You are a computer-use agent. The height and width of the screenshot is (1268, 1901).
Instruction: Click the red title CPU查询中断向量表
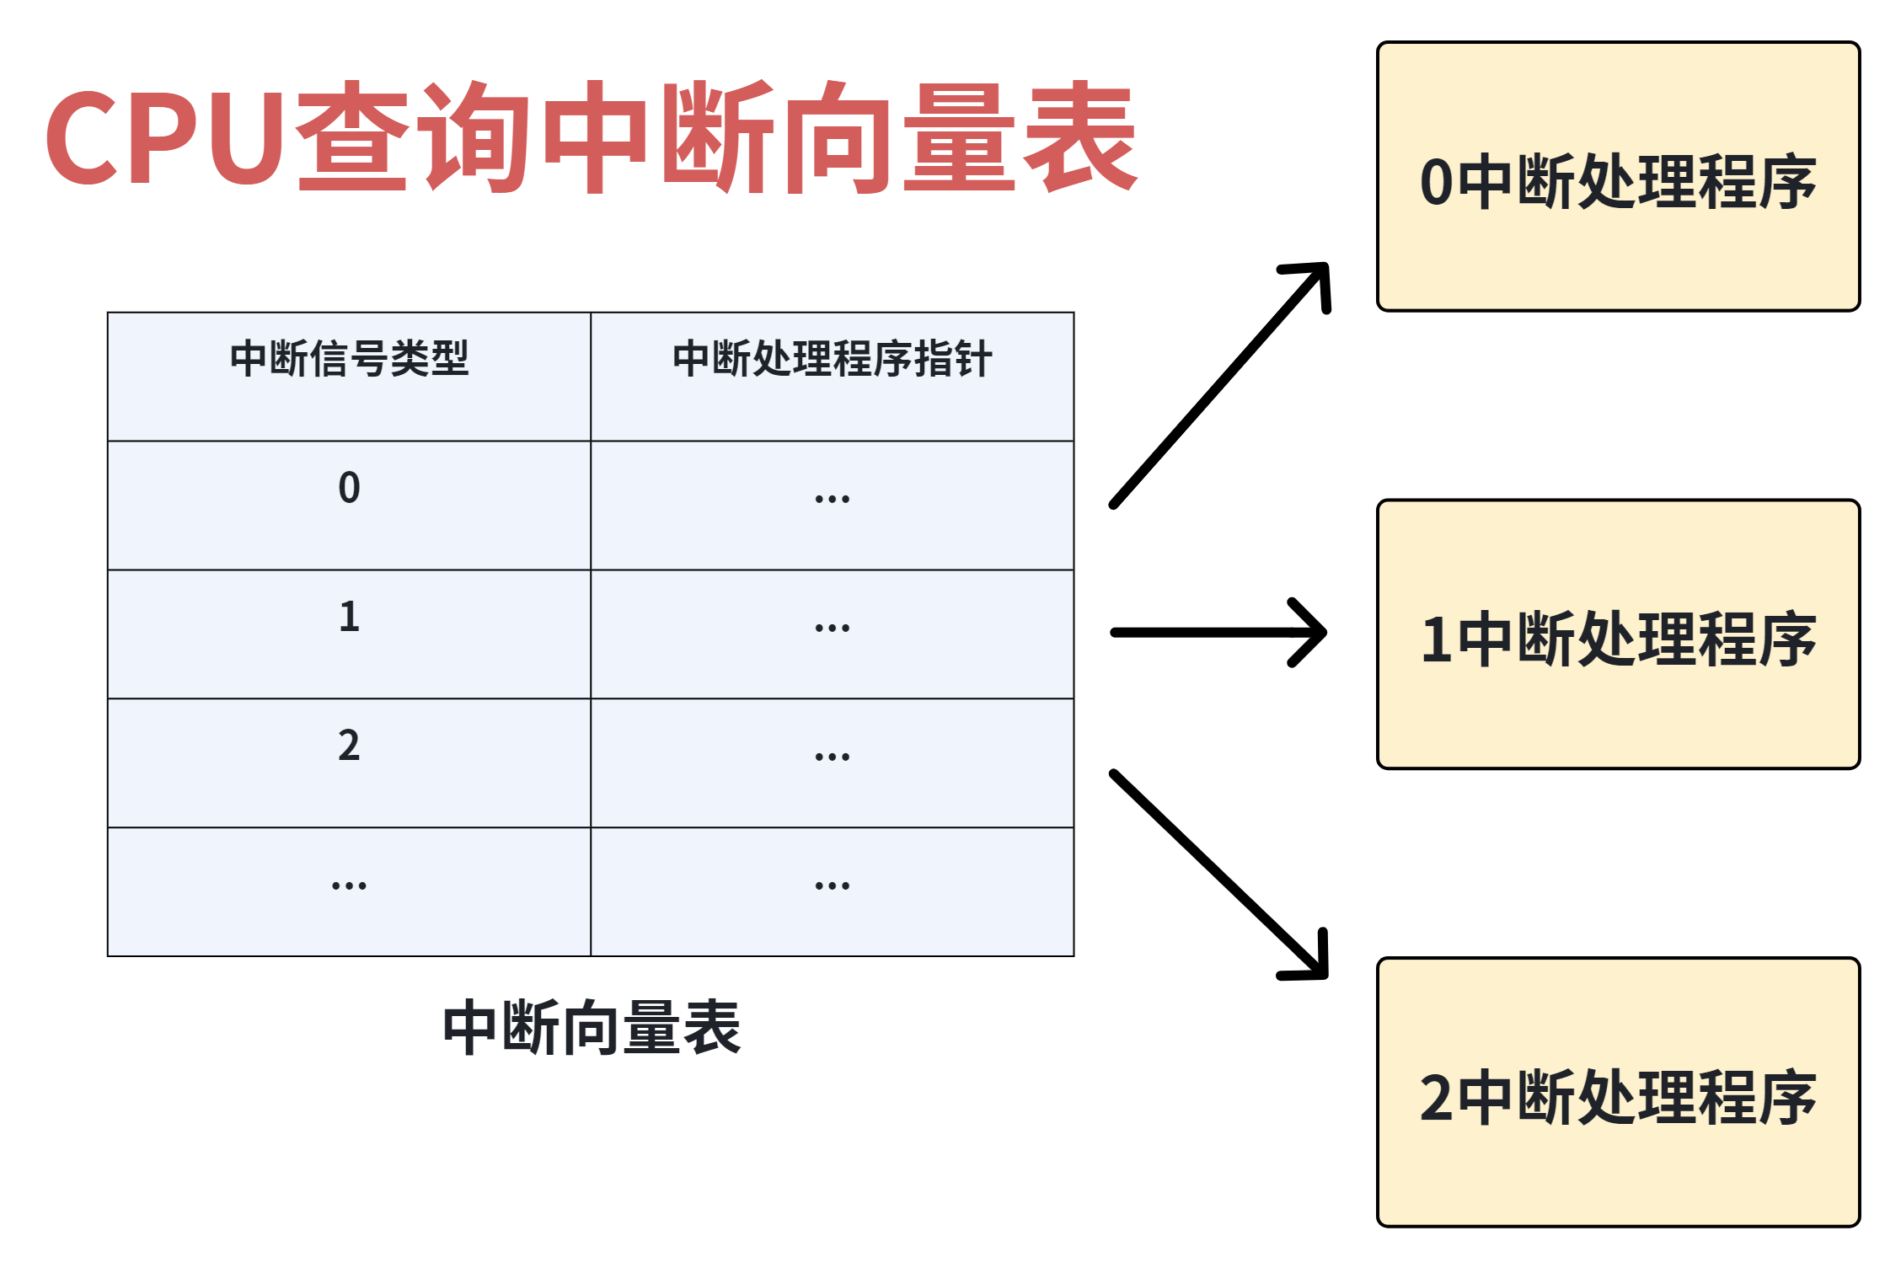pos(592,136)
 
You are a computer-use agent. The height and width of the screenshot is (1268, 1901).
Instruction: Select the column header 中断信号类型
pos(350,359)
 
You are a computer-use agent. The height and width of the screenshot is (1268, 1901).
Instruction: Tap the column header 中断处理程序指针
pos(833,359)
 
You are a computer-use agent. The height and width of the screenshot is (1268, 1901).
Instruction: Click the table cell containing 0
pos(350,506)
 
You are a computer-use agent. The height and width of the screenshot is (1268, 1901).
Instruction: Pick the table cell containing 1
pos(350,634)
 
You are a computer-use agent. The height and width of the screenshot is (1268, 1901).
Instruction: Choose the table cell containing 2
pos(350,763)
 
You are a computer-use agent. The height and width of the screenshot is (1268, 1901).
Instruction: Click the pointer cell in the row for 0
pos(833,506)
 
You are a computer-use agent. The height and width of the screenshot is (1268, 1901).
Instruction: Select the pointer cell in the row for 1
pos(833,634)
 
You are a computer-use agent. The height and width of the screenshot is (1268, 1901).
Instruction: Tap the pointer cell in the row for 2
pos(833,763)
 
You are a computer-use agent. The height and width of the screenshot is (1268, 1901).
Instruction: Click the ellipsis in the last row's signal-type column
pos(350,885)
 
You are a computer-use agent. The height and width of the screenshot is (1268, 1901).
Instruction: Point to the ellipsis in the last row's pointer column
pos(833,885)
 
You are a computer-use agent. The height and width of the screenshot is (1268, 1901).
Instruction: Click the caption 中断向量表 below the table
pos(592,1028)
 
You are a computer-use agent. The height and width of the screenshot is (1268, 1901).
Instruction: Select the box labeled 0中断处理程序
pos(1619,177)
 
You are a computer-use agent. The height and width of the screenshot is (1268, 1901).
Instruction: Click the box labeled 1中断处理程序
pos(1619,634)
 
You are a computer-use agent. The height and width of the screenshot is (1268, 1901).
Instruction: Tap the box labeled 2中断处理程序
pos(1619,1092)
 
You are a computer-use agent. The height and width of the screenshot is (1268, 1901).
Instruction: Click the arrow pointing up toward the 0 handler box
pos(1220,385)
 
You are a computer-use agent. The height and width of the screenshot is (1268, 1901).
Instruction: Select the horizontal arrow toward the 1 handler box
pos(1218,633)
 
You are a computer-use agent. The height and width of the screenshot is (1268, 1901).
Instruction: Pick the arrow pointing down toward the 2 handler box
pos(1218,874)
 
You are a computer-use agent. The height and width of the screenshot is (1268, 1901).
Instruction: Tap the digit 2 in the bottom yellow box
pos(1437,1098)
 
